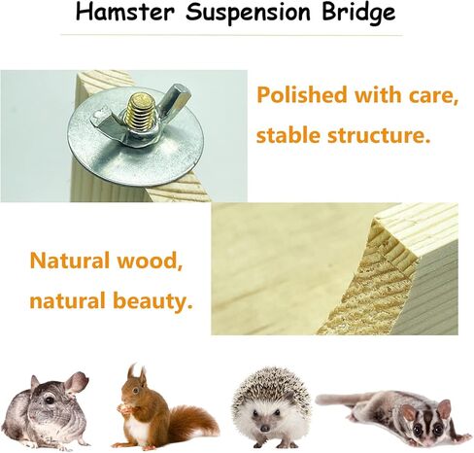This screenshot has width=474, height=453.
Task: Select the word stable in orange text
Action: pos(289,136)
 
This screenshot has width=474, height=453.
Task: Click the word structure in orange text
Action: pos(379,136)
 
